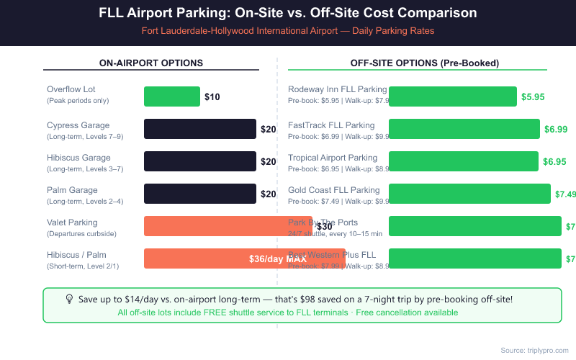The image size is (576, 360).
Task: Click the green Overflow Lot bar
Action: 172,96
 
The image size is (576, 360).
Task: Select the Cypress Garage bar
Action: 200,129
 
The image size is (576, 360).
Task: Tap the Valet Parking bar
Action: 228,226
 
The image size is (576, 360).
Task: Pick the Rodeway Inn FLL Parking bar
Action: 453,96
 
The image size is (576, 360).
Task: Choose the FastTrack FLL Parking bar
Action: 464,129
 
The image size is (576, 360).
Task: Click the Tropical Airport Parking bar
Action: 463,161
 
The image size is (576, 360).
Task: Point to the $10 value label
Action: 212,96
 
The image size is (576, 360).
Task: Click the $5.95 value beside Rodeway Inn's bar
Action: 533,96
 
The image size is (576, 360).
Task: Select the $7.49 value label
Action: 565,194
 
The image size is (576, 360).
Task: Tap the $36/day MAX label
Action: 278,258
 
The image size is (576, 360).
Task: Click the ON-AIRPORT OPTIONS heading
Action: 151,63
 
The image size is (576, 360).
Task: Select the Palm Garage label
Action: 73,190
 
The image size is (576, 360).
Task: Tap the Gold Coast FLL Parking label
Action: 333,190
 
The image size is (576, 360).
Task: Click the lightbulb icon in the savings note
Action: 69,298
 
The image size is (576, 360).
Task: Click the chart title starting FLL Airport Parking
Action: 288,14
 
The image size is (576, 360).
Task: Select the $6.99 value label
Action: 556,129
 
